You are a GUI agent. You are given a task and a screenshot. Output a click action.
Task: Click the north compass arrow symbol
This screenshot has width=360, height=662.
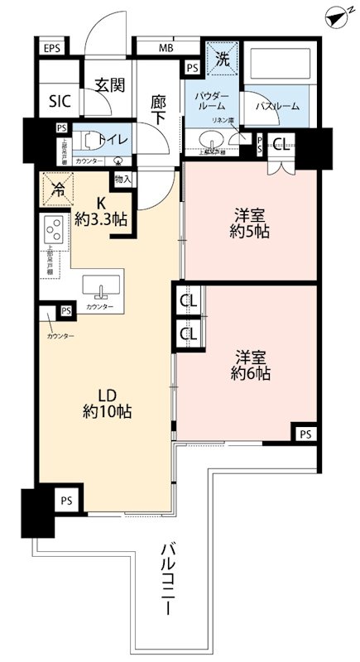[334, 16]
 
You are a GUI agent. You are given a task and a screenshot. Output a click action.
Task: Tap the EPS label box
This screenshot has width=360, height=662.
[53, 47]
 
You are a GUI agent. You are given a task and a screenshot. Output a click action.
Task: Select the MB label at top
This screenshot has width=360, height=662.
[166, 47]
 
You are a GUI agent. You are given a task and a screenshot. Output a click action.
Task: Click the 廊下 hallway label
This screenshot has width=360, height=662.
[159, 110]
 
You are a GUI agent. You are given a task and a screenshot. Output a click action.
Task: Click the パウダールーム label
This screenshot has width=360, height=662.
[212, 103]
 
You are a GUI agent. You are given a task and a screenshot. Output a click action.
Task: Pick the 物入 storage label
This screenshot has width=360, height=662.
[122, 179]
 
